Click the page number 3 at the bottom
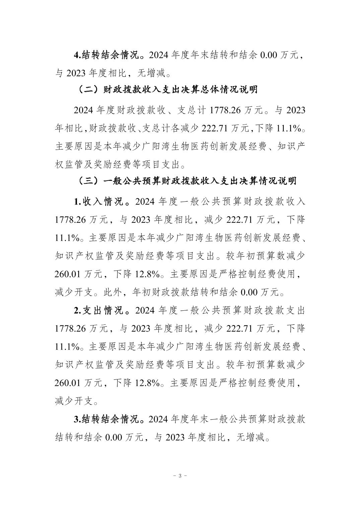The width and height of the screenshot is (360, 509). coord(180,476)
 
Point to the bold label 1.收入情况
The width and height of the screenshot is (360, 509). coord(99,202)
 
